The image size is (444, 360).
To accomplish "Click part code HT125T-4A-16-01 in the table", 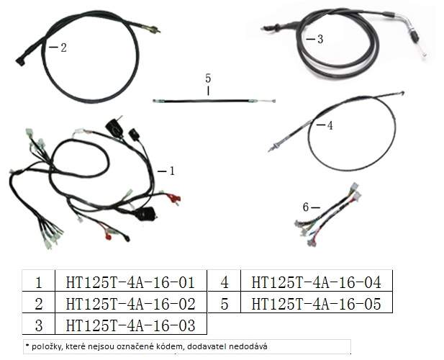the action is (130, 282).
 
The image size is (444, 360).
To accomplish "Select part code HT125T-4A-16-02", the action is (130, 304).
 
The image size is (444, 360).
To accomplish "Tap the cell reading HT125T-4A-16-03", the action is (130, 325).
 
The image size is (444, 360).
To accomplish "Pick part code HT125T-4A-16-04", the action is (317, 282).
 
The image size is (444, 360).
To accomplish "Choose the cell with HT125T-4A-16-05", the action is (317, 304).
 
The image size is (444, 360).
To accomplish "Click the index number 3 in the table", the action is (39, 325).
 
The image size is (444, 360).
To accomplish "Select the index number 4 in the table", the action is (225, 282).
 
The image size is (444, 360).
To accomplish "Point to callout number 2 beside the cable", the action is (64, 48).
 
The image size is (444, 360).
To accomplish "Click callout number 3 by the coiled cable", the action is (320, 39).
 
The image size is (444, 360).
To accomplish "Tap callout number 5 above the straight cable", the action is (208, 78).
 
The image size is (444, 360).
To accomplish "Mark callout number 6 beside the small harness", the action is (306, 207).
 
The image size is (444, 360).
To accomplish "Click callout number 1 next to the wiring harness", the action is (171, 171).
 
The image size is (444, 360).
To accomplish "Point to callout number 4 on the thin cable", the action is (330, 125).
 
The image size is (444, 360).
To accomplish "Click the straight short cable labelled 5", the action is (214, 101).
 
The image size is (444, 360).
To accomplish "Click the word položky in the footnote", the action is (43, 347).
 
